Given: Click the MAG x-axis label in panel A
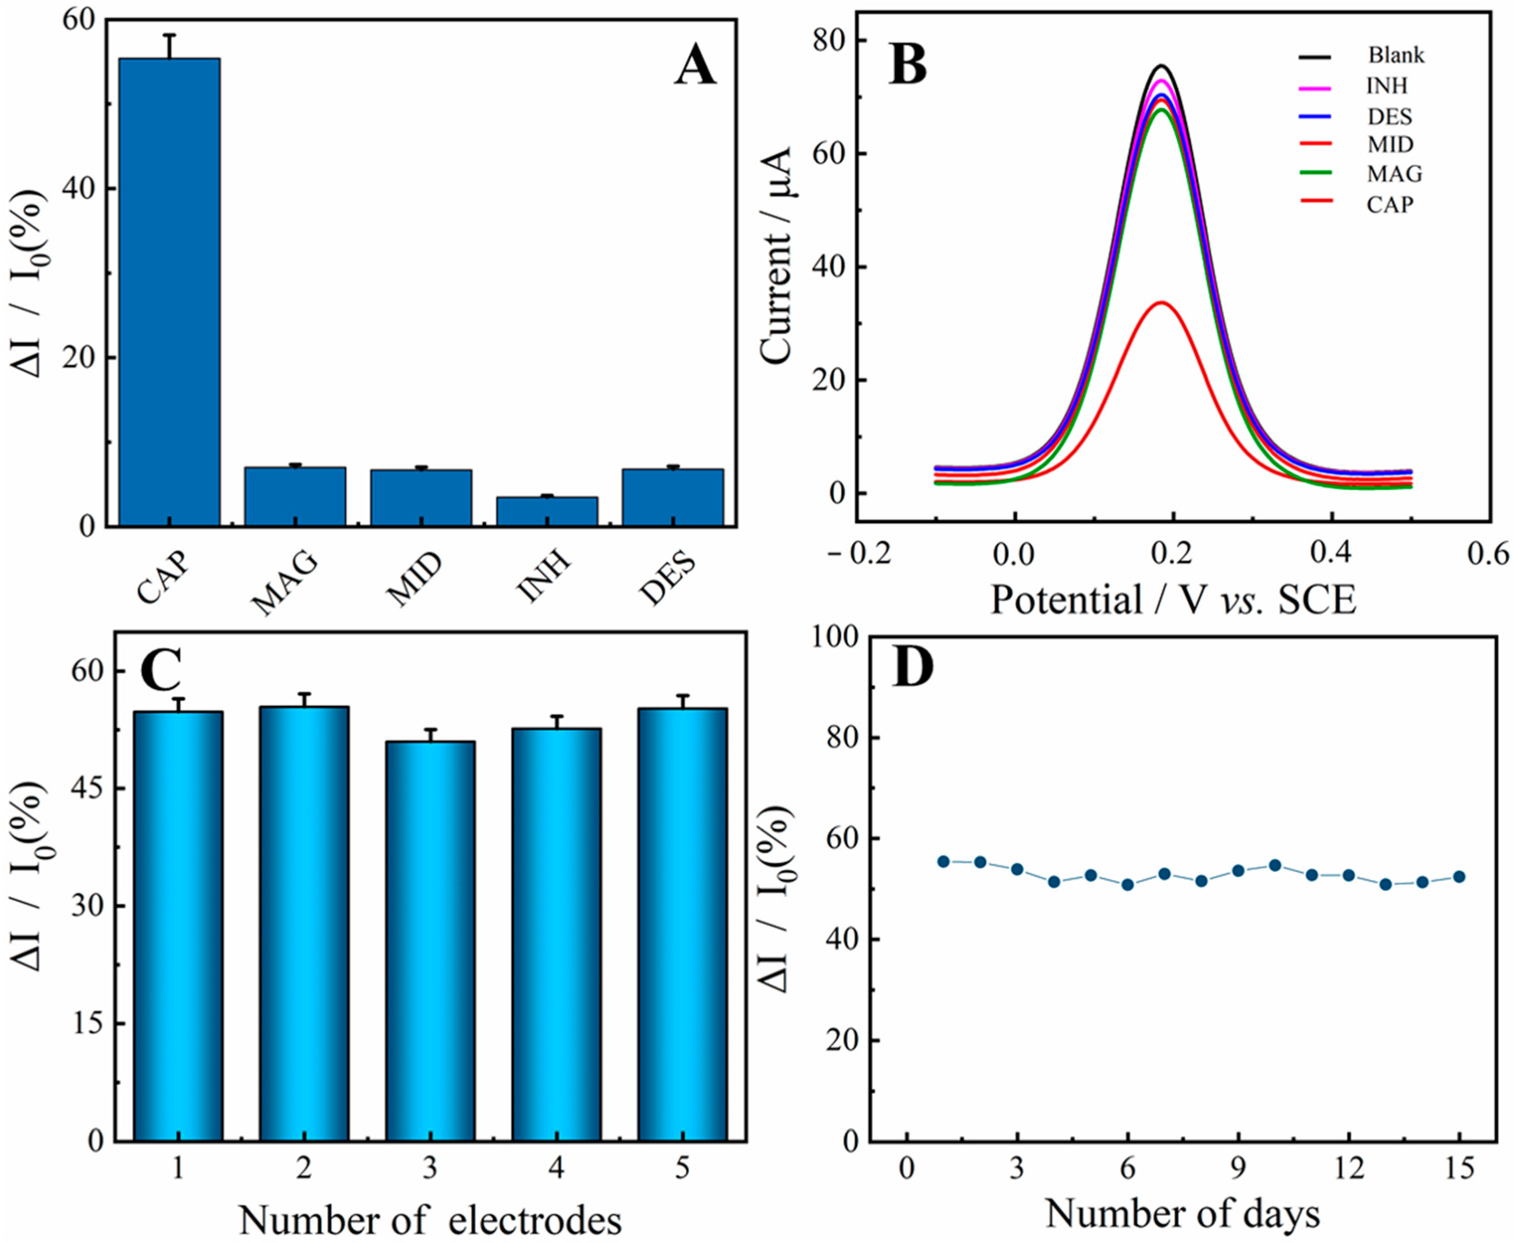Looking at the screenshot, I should point(285,584).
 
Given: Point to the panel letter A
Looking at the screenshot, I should point(694,68).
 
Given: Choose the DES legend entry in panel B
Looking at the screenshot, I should point(1389,116).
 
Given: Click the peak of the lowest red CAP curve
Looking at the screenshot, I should point(1162,303).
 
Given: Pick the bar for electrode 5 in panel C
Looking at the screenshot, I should point(682,924).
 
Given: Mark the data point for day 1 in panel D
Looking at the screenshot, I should point(943,861).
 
